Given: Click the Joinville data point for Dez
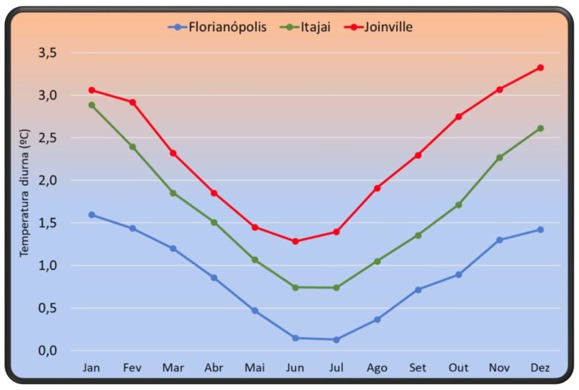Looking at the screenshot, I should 540,67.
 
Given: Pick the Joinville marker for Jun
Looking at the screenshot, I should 295,241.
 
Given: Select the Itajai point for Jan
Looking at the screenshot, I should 91,105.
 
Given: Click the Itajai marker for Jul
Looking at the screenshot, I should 336,288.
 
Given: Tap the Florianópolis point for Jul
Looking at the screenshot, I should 336,339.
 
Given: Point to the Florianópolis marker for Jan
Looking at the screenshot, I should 91,215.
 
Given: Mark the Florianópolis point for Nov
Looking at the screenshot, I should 499,239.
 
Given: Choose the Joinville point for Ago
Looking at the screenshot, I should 377,188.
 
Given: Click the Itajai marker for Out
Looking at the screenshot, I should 458,205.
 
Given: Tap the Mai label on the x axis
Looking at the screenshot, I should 255,368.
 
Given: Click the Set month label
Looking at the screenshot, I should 418,368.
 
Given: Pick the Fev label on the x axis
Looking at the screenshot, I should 132,368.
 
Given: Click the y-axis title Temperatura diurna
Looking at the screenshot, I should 24,194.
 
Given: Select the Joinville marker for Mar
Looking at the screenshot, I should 173,153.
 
